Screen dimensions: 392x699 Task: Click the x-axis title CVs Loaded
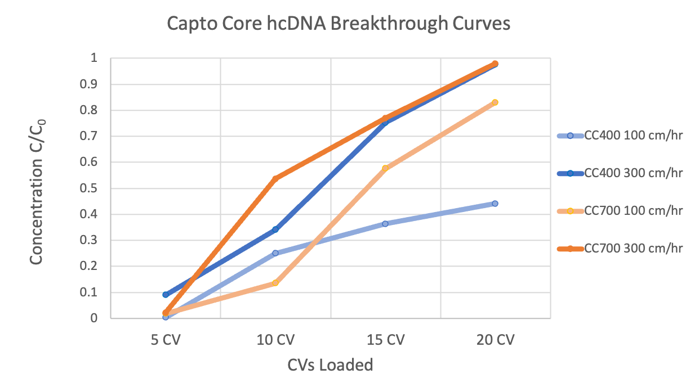331,365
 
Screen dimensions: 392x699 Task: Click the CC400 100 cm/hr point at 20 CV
495,204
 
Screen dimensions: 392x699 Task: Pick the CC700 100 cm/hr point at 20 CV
495,102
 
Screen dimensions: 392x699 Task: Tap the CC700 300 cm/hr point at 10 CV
275,179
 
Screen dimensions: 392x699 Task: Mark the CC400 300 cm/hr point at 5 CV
166,295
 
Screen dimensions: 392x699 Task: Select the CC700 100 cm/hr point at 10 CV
275,283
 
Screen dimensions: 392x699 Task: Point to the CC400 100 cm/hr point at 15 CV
385,224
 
